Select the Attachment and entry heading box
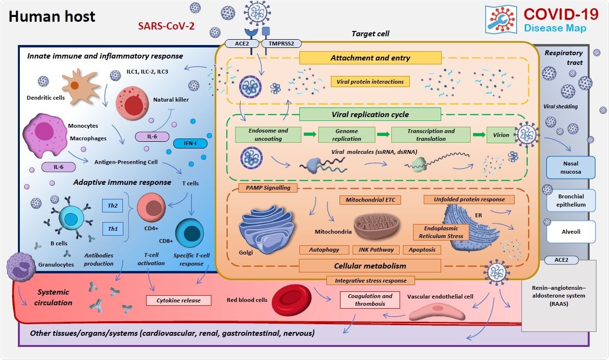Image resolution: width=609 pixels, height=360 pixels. tap(370, 58)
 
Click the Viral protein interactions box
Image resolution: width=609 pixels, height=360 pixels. tap(370, 81)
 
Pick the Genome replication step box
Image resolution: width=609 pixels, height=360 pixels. tap(346, 135)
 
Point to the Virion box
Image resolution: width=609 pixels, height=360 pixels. tap(501, 135)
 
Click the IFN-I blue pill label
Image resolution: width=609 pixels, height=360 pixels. tap(190, 143)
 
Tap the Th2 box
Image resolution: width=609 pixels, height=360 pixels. tap(112, 205)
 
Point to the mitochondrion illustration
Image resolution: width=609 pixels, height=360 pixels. tap(377, 228)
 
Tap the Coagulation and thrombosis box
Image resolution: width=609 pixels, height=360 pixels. tap(370, 300)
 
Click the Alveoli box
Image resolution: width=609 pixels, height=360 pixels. tap(570, 232)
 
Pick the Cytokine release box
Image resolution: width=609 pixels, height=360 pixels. tap(178, 300)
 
